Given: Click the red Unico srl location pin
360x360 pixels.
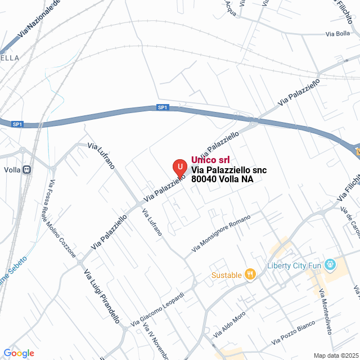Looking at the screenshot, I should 179,168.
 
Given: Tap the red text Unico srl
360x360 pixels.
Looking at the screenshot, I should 210,160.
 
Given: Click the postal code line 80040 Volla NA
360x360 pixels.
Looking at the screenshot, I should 222,179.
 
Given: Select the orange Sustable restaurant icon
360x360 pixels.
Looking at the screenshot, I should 250,274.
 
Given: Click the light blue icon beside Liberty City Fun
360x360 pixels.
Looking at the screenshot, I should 330,263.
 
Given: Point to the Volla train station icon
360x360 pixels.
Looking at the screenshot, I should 26,170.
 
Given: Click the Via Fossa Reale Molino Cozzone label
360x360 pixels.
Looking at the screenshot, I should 62,218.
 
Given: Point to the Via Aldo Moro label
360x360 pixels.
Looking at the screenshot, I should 229,325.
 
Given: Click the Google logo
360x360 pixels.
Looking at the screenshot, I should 19,353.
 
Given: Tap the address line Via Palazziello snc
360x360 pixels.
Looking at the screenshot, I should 229,170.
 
